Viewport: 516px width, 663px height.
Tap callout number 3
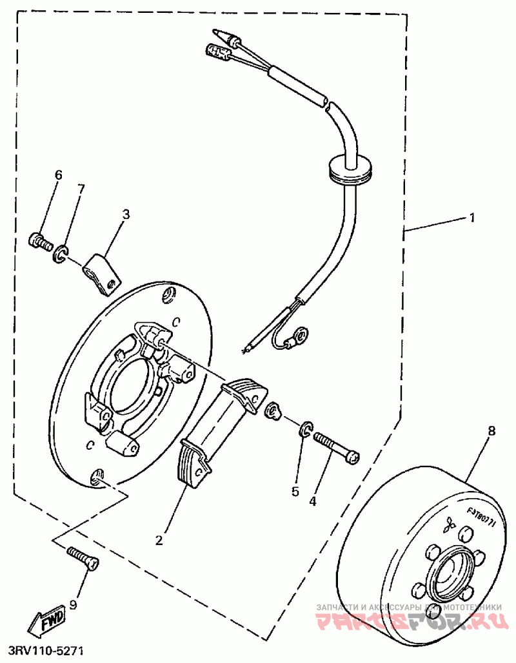(126, 214)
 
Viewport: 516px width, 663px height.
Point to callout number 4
(314, 500)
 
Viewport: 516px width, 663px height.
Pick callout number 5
(295, 491)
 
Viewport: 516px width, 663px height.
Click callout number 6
(58, 175)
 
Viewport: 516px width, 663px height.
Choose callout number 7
(81, 188)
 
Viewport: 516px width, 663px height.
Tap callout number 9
(73, 606)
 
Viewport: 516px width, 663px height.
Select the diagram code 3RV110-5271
(45, 653)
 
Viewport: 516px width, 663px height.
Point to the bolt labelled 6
(40, 242)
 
